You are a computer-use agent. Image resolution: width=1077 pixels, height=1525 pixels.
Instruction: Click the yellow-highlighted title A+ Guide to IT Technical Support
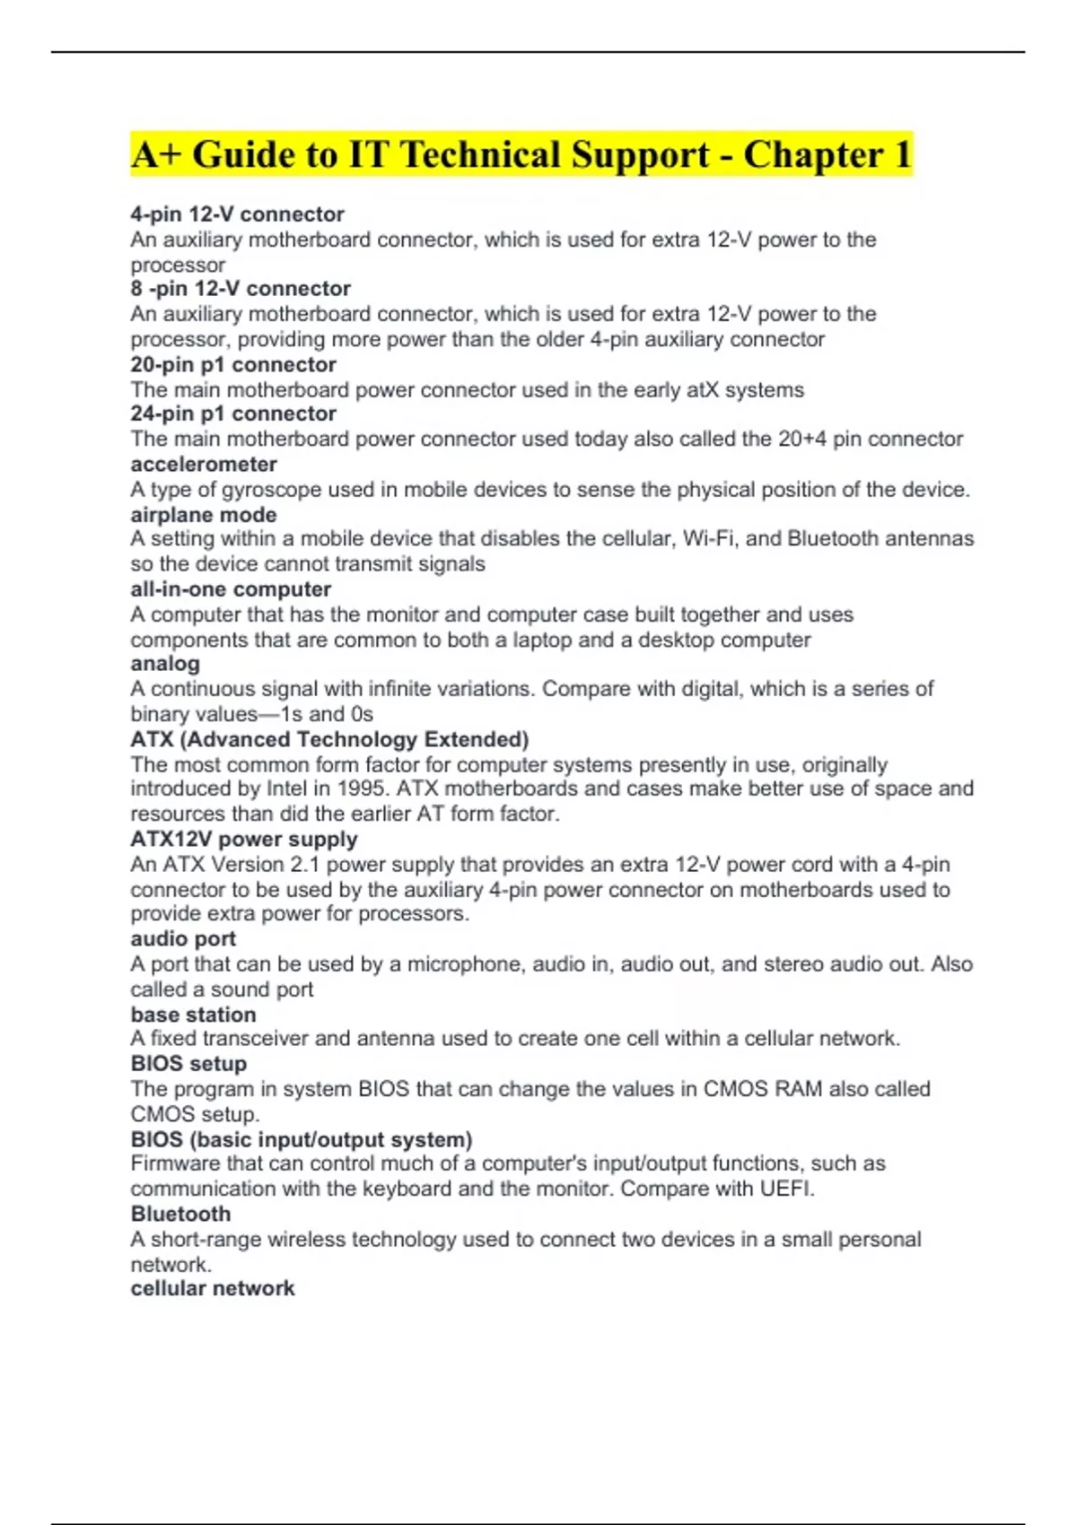coord(521,155)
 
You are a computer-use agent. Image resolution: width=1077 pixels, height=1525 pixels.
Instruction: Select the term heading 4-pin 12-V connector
coord(237,214)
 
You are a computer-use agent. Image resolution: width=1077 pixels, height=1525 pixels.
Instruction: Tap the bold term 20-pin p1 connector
coord(233,364)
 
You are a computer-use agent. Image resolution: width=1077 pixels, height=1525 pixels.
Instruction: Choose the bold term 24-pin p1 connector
coord(233,414)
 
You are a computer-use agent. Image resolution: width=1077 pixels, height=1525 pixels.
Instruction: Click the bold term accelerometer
coord(204,464)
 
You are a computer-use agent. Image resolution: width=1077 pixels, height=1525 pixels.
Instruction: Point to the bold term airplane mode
coord(204,515)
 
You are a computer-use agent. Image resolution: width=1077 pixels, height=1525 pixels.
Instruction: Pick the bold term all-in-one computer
coord(231,589)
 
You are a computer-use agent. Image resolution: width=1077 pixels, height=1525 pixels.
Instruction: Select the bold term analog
coord(165,664)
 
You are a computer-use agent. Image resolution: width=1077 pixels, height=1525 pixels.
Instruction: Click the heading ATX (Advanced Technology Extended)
coord(329,739)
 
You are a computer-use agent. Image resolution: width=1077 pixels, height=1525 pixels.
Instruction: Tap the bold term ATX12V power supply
coord(244,840)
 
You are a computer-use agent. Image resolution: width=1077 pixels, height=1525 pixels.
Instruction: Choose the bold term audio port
coord(183,939)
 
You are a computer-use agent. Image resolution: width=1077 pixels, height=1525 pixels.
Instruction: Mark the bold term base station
coord(193,1015)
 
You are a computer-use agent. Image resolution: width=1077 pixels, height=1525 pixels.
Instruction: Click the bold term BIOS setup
coord(188,1064)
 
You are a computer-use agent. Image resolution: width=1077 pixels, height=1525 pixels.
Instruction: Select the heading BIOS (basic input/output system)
coord(302,1139)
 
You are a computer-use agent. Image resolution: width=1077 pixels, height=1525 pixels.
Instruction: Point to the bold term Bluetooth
coord(180,1214)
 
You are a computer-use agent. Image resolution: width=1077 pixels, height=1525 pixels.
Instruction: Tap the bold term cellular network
coord(213,1288)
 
